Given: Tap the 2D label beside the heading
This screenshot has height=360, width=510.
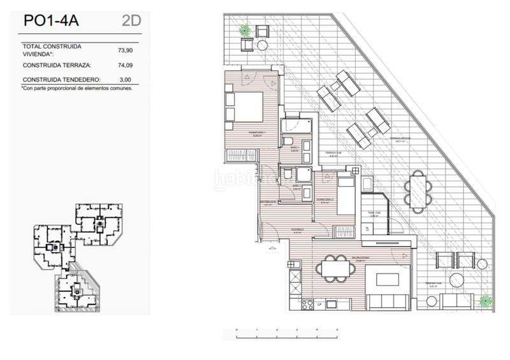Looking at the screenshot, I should (x=131, y=20).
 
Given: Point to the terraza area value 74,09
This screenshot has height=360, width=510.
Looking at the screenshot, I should (x=126, y=65).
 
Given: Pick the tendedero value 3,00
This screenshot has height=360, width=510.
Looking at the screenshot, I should (x=126, y=80).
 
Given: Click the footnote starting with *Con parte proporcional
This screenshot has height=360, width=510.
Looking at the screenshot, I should (x=77, y=89).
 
